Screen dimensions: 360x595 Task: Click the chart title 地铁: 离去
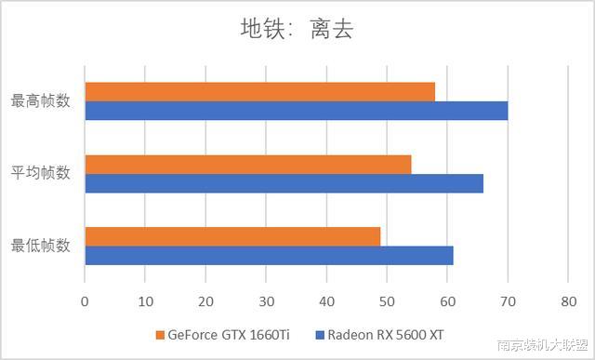(x=297, y=30)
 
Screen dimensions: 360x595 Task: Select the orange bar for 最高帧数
(x=259, y=91)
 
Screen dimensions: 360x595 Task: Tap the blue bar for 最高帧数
(x=296, y=111)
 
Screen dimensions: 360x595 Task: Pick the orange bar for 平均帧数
(x=247, y=164)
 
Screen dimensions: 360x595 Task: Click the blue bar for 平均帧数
(x=284, y=183)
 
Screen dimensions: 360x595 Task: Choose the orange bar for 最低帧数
(x=232, y=236)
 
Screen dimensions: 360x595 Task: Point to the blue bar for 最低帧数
(x=269, y=256)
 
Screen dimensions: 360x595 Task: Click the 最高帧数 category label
(x=40, y=100)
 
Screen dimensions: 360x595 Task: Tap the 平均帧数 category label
(x=40, y=173)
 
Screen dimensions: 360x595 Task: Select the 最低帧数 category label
(x=40, y=246)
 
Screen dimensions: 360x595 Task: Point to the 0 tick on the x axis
(x=85, y=300)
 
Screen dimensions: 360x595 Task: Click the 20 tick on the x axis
(x=205, y=300)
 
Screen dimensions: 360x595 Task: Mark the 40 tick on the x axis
(x=326, y=300)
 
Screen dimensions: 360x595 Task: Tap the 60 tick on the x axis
(x=447, y=300)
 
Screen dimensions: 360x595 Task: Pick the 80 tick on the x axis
(x=568, y=300)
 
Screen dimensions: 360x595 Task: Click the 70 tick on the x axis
(x=508, y=300)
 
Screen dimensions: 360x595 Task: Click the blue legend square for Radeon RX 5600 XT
(x=320, y=335)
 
